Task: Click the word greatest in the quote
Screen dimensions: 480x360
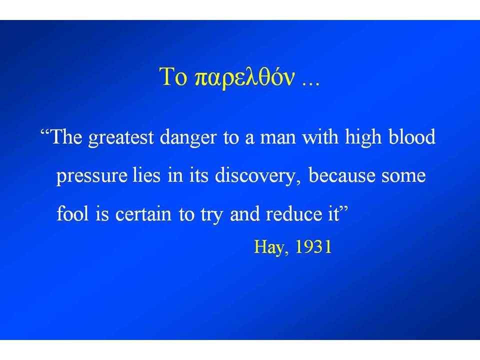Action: [x=121, y=138]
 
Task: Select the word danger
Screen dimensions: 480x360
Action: [x=188, y=138]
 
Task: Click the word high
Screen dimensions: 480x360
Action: [x=363, y=138]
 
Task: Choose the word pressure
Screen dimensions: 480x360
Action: [x=92, y=177]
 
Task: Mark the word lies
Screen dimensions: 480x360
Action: [x=146, y=175]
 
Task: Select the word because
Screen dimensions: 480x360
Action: [x=341, y=175]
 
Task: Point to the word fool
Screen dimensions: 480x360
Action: [x=72, y=213]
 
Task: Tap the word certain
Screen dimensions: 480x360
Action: [x=143, y=214]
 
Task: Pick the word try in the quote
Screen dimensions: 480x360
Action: [x=211, y=215]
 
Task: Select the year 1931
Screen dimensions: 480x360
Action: [x=313, y=246]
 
